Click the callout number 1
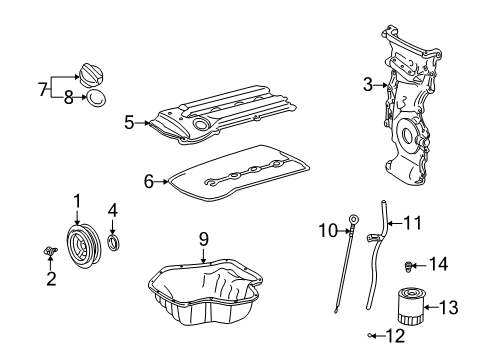pyautogui.click(x=75, y=203)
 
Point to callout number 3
pyautogui.click(x=368, y=85)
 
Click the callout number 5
pyautogui.click(x=129, y=121)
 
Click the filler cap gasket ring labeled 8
pyautogui.click(x=97, y=100)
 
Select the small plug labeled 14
pyautogui.click(x=410, y=265)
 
